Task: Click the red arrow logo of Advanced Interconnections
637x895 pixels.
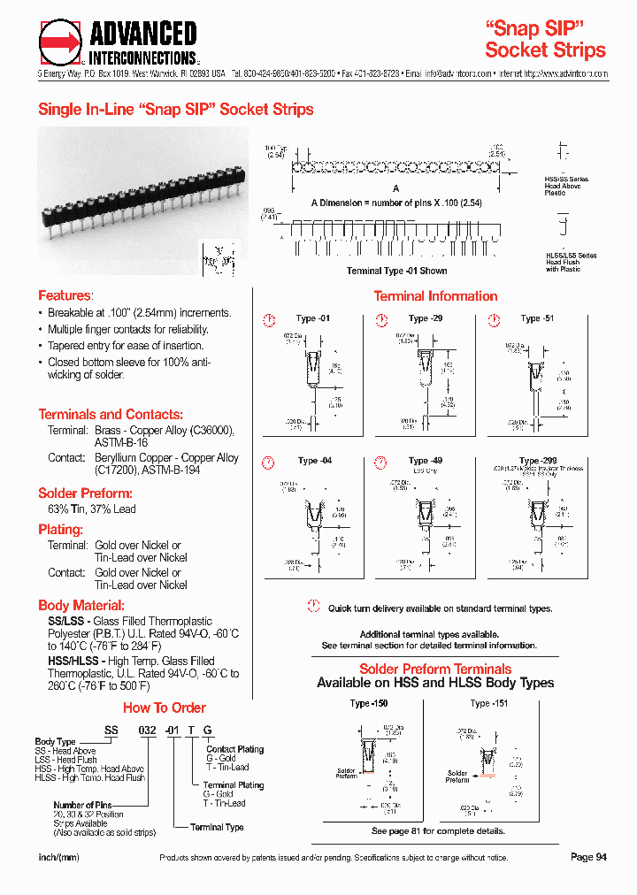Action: click(x=60, y=42)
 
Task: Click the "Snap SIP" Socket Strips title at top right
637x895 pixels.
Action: click(x=545, y=39)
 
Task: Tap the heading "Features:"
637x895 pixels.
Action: click(x=65, y=295)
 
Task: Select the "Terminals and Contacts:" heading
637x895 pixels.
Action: click(x=111, y=414)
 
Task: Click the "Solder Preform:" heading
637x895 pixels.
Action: click(x=85, y=493)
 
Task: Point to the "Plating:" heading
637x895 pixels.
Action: click(x=60, y=530)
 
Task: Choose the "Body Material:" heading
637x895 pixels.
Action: click(x=81, y=606)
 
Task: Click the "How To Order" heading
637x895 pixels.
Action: click(x=164, y=708)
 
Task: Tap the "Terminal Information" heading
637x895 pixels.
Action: click(x=435, y=296)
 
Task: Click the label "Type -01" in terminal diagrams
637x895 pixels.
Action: click(x=313, y=318)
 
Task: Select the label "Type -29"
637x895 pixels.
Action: click(x=426, y=318)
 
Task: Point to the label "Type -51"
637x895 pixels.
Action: click(x=537, y=318)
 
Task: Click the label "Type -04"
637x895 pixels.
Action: click(x=314, y=461)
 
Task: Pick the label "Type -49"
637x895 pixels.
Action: click(x=426, y=461)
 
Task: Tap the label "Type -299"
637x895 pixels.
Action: click(x=538, y=461)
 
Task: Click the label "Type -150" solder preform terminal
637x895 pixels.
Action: click(x=369, y=703)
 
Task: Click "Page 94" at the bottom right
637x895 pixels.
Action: click(x=588, y=857)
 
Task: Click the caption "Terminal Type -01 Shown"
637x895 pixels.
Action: click(x=396, y=271)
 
